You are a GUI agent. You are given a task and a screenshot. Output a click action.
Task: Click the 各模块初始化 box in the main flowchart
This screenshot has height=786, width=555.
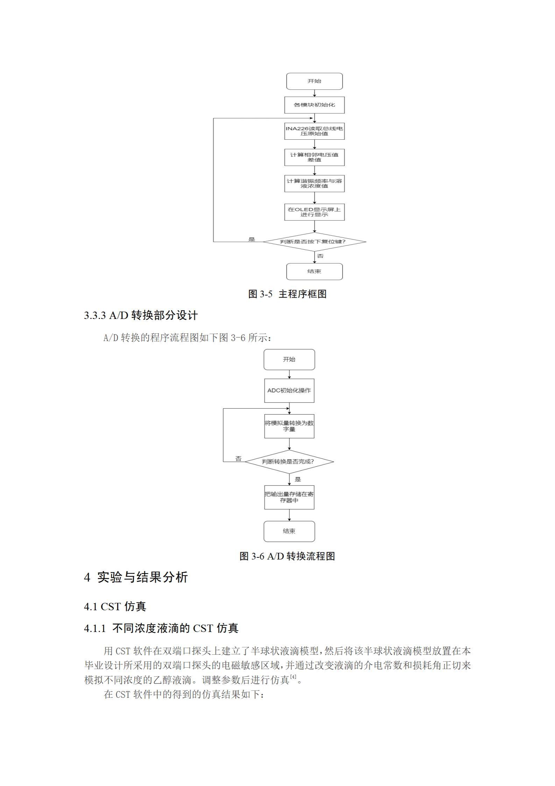(x=314, y=105)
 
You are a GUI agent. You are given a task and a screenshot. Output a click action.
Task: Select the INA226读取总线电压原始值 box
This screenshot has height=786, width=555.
(x=314, y=131)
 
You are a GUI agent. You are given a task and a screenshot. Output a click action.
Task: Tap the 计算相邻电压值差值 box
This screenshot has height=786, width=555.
(x=314, y=157)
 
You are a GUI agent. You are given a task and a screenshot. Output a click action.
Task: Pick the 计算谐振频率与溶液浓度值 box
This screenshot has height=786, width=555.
(x=314, y=183)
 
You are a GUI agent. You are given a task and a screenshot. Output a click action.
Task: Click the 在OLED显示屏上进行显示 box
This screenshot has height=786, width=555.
(x=314, y=212)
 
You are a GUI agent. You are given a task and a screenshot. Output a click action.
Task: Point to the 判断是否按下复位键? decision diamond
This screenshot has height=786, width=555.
(x=314, y=242)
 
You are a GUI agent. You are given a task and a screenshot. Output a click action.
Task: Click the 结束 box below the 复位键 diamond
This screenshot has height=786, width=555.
(x=314, y=271)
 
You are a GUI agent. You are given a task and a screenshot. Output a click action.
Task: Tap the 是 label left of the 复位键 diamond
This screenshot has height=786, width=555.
(x=252, y=239)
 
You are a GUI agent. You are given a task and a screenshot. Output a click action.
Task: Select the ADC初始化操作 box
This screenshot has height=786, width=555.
(x=289, y=390)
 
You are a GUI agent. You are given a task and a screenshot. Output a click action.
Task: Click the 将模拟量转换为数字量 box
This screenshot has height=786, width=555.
(x=289, y=426)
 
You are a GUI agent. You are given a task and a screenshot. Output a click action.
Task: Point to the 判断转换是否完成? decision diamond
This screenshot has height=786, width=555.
(x=289, y=461)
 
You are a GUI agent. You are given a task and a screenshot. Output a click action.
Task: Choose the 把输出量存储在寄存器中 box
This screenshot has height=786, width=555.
(x=289, y=497)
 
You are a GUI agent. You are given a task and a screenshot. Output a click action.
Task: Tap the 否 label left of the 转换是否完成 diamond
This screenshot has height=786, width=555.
(x=238, y=459)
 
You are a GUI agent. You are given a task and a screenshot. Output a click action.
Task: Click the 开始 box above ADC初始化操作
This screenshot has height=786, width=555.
(x=289, y=360)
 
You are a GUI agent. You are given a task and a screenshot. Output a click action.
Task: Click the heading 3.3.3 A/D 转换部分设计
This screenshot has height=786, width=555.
(x=141, y=315)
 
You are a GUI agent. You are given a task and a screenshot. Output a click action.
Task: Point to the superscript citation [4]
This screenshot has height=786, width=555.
(x=293, y=677)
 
